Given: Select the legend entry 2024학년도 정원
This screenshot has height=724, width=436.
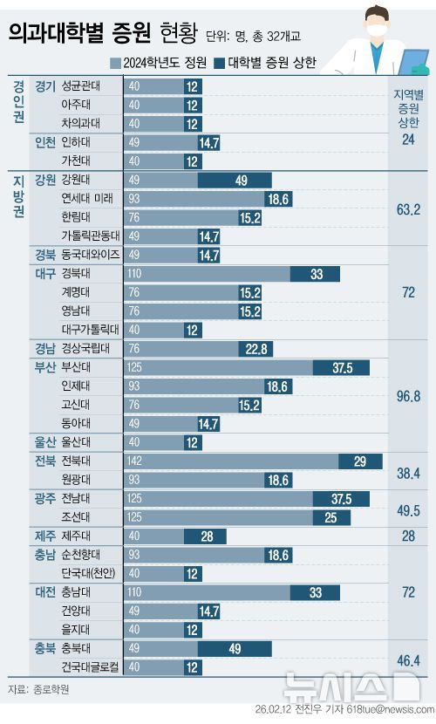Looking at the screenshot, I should point(160,63).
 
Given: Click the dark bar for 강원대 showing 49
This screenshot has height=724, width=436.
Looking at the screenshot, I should point(242,180).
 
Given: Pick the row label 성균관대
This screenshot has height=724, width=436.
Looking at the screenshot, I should point(81,86).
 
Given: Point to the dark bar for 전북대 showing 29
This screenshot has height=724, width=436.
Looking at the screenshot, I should point(360,461).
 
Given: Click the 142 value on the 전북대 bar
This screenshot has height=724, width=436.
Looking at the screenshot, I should point(135,461).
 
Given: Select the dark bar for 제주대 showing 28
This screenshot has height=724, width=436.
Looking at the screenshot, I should point(207,536).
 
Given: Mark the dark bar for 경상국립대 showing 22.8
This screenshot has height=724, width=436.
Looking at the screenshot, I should point(255,349).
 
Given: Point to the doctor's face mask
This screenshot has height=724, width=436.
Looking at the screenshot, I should point(378,31).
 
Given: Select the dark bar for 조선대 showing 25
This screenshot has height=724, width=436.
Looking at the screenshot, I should point(330,517).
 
